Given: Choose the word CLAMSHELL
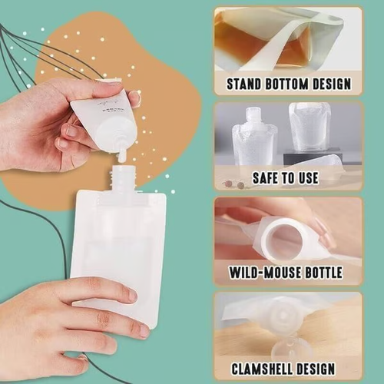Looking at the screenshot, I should (266, 368).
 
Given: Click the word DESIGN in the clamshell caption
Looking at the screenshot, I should (330, 368).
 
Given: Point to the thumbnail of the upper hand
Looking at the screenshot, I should (71, 130).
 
